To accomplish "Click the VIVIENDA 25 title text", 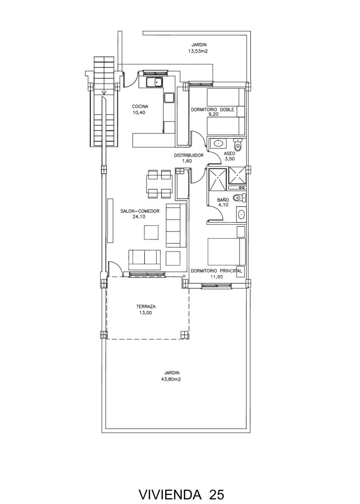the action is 181,493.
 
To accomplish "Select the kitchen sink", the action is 155,82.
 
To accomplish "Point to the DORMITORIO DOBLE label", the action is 213,110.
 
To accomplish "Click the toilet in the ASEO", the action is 237,145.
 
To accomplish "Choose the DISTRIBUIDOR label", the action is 189,155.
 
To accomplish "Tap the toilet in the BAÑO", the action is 240,197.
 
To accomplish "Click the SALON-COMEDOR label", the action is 140,211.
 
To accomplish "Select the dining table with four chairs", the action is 159,184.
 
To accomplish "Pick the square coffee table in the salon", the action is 151,232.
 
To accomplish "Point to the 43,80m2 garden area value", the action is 172,379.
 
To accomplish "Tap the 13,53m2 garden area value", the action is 198,51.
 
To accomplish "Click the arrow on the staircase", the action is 103,92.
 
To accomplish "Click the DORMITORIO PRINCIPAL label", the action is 216,271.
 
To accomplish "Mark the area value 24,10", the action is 139,217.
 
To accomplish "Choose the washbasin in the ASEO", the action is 219,143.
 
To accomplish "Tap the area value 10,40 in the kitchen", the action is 139,112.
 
